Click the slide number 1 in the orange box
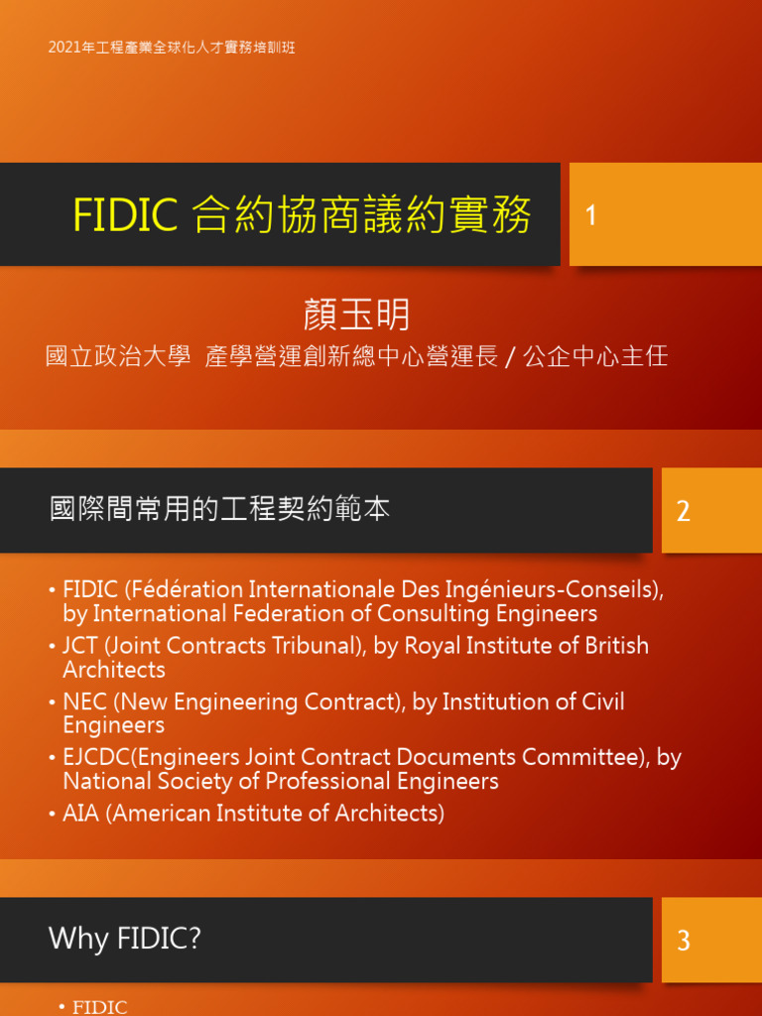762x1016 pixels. [591, 215]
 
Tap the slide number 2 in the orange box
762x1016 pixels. [683, 511]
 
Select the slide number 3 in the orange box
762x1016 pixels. [683, 941]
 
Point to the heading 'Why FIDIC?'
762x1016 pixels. [125, 939]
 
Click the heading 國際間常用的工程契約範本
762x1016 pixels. [219, 510]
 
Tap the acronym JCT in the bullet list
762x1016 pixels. [79, 646]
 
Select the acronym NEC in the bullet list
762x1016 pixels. [83, 702]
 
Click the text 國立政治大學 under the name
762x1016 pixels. [118, 356]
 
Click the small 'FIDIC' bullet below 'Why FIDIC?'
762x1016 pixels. [100, 1007]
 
